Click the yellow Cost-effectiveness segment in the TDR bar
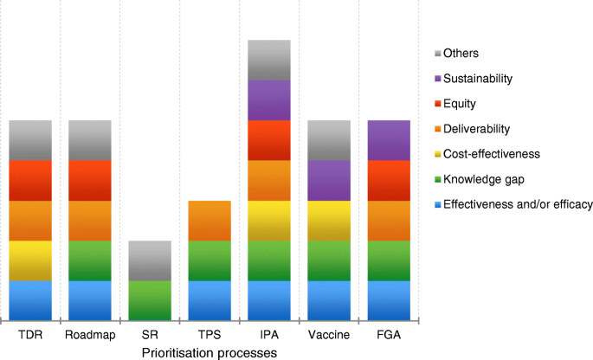pos(30,260)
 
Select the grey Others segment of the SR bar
pos(150,260)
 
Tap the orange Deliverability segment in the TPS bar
pos(209,220)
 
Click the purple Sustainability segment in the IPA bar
pos(269,100)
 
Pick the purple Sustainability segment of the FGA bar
pos(389,140)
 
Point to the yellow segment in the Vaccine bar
pos(329,220)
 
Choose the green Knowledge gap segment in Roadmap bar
pos(90,260)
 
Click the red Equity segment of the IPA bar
pos(269,140)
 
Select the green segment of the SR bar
pos(150,300)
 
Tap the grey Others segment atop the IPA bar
pos(269,60)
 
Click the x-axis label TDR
pos(30,335)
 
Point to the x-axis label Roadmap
pos(90,335)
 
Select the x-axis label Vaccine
pos(329,335)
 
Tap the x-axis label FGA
pos(389,335)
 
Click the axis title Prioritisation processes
pos(209,352)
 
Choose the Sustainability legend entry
pos(477,79)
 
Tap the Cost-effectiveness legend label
pos(491,154)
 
